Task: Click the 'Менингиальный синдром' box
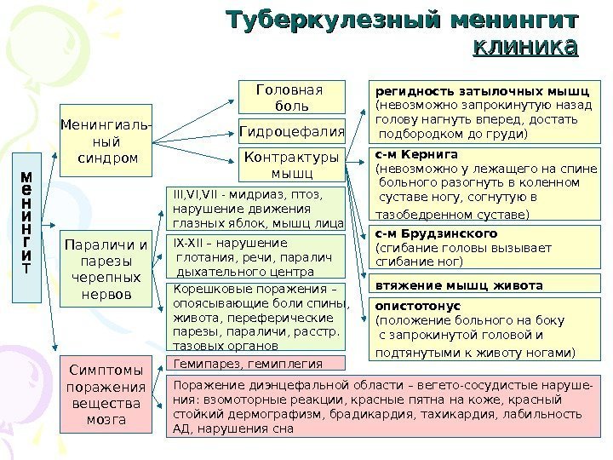tap(105, 141)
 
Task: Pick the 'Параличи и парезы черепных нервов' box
tap(105, 270)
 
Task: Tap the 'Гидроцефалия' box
tap(292, 131)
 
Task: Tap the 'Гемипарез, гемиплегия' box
tap(249, 363)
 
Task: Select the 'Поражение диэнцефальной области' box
tap(382, 405)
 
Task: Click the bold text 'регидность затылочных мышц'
tap(483, 91)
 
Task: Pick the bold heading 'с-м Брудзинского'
tap(436, 233)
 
